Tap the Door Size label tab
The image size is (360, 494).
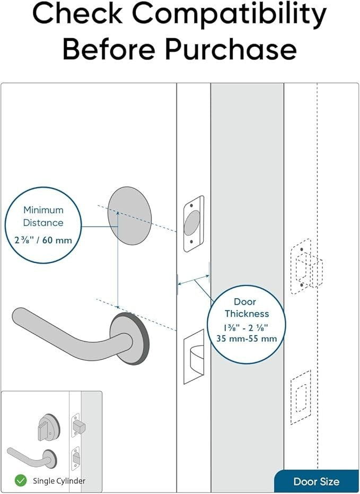click(316, 482)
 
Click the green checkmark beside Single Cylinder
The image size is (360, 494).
click(21, 481)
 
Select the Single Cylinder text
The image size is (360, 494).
click(59, 481)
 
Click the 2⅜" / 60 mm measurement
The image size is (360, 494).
click(43, 240)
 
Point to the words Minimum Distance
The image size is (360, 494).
click(43, 216)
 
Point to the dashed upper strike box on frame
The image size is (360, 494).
click(306, 268)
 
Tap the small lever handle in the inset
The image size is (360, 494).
click(29, 454)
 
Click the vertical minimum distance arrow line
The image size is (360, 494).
click(118, 260)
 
